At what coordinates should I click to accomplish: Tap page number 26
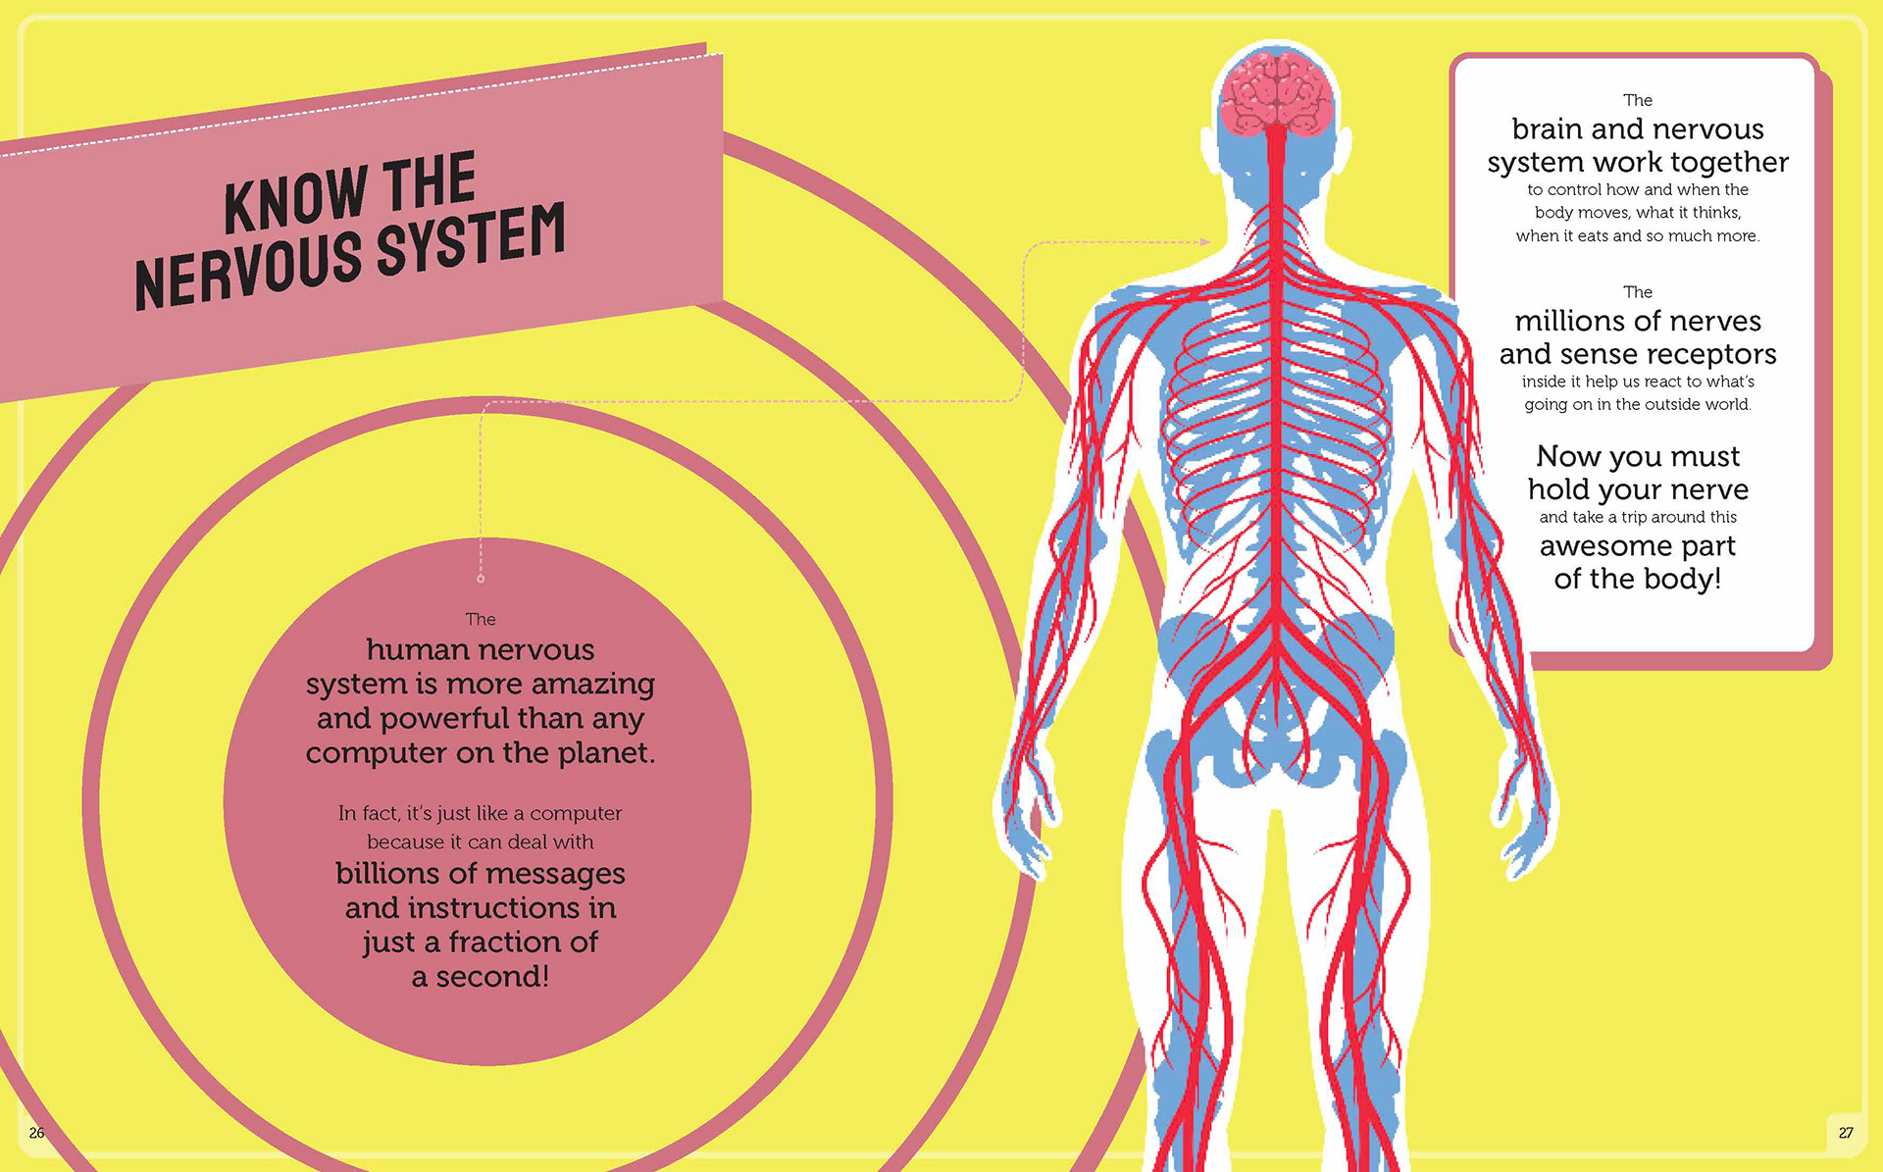[x=36, y=1133]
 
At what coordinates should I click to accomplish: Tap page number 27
[x=1846, y=1133]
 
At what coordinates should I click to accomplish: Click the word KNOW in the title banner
[x=294, y=196]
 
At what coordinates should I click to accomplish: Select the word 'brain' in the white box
[x=1548, y=129]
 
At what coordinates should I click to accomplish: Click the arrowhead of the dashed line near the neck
[x=1205, y=241]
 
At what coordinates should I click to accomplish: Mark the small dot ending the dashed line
[x=481, y=579]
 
